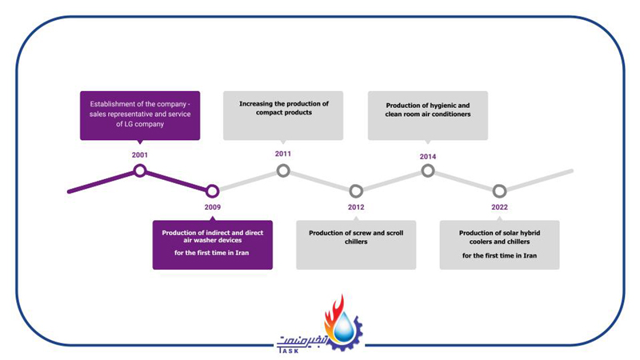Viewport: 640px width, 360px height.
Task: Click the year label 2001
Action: point(139,155)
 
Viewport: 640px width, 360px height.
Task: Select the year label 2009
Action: point(212,207)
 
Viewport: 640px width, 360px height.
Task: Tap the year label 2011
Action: point(283,154)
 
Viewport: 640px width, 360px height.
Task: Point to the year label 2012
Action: point(356,207)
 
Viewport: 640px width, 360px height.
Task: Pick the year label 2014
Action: point(428,157)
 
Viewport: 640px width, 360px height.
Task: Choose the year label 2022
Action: point(499,207)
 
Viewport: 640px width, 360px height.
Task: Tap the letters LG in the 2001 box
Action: point(129,124)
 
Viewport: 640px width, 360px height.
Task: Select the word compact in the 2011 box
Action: point(270,113)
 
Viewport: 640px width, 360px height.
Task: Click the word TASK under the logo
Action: point(288,350)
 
